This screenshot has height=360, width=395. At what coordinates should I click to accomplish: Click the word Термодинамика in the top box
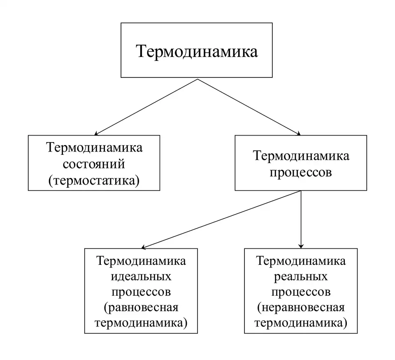197,52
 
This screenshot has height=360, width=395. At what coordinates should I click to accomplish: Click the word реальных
301,277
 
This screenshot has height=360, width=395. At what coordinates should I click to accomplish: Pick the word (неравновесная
301,308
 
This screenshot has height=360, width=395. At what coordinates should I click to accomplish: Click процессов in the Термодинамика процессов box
301,173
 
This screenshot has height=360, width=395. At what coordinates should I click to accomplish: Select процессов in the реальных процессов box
301,292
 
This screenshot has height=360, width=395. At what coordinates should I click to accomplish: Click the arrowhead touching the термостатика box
96,133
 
